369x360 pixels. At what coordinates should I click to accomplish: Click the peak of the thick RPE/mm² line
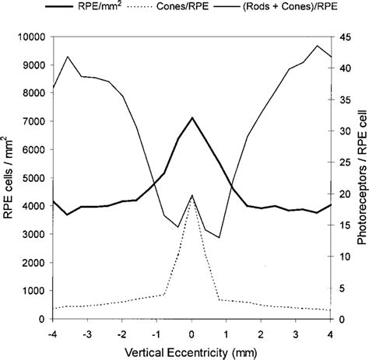click(192, 118)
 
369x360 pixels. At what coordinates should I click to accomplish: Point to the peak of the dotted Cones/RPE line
click(192, 195)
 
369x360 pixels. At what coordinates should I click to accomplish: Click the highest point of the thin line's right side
click(317, 46)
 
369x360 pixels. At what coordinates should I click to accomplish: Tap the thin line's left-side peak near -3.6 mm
click(69, 56)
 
